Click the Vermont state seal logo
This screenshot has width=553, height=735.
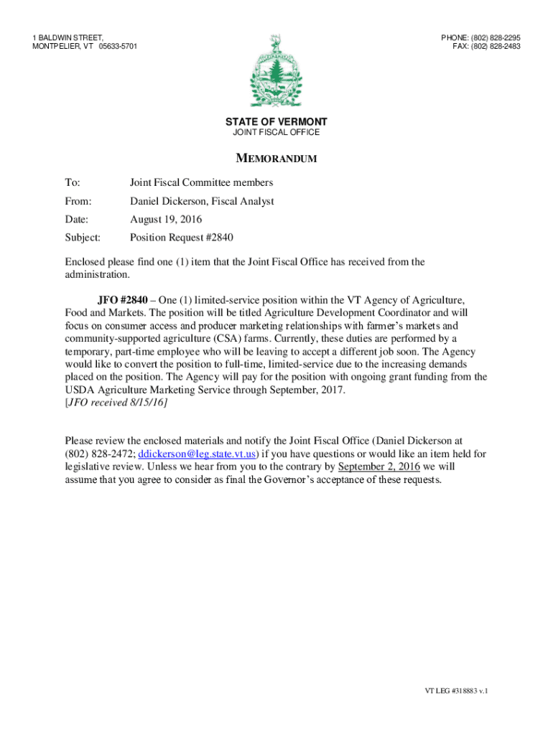tap(276, 72)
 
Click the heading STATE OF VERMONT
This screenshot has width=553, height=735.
tap(276, 122)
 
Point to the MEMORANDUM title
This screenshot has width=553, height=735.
tap(276, 159)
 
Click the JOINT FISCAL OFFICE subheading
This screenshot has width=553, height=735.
tap(276, 133)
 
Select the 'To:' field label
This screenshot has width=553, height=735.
tap(73, 183)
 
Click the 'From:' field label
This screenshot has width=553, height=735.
tap(78, 202)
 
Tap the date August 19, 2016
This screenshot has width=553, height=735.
tap(166, 220)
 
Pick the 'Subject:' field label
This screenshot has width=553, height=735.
tap(83, 238)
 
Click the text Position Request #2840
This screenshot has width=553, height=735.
tap(182, 238)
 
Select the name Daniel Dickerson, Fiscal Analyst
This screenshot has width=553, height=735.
tap(202, 202)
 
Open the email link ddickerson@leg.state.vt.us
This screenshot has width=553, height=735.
tap(197, 454)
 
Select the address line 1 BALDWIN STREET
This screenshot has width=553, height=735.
tap(68, 37)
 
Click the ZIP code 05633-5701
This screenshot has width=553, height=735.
tap(118, 47)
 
